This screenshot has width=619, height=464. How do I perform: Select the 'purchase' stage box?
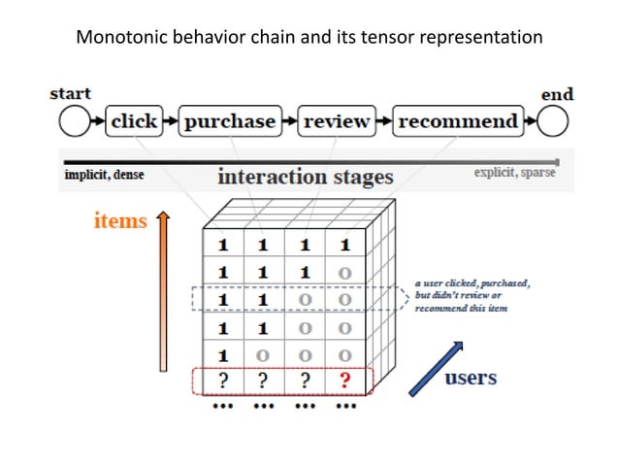pyautogui.click(x=231, y=122)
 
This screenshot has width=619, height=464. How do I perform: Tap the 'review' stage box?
pyautogui.click(x=337, y=122)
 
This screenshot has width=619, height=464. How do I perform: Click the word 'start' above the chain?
pyautogui.click(x=70, y=94)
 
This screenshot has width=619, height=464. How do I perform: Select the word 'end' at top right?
pyautogui.click(x=557, y=94)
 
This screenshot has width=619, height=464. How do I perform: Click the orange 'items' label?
pyautogui.click(x=120, y=221)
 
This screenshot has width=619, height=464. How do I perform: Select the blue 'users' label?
pyautogui.click(x=471, y=377)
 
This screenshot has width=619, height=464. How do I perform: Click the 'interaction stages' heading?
pyautogui.click(x=305, y=177)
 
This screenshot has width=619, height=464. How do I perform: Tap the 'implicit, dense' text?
pyautogui.click(x=100, y=175)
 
